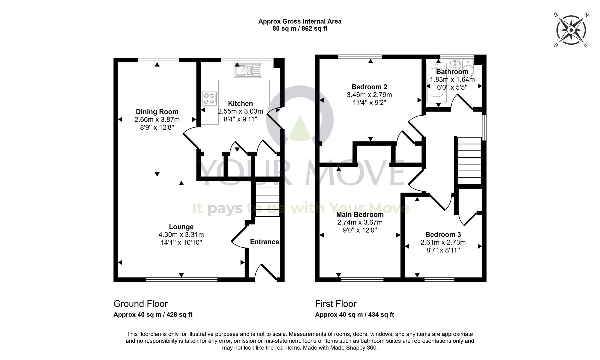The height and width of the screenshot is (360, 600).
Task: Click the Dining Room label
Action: (157, 112)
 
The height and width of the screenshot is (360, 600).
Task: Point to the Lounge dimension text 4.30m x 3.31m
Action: (181, 235)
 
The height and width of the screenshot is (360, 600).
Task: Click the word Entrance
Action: (264, 242)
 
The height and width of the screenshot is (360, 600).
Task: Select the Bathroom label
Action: (452, 72)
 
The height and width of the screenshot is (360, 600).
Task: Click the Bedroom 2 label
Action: (369, 87)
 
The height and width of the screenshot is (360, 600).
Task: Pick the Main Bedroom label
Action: (360, 215)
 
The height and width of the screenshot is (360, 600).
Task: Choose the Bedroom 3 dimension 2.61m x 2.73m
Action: (443, 242)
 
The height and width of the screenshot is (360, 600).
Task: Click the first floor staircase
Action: (469, 160)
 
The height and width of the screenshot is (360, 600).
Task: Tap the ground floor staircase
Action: (267, 199)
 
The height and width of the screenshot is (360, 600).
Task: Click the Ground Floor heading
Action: (140, 304)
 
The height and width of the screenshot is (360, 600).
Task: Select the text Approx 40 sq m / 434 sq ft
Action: (354, 315)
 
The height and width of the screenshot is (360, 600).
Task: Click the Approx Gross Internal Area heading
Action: (300, 22)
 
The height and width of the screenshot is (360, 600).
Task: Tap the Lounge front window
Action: (181, 280)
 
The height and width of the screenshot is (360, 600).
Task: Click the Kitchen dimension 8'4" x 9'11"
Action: (240, 119)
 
